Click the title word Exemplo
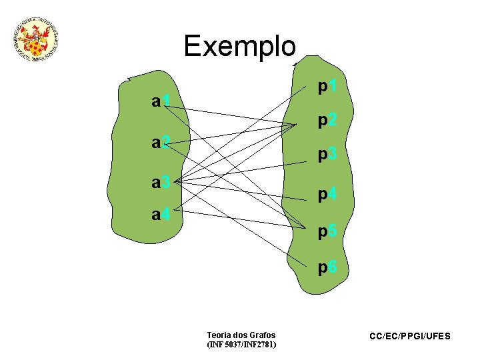pos(239,46)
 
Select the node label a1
pos(163,102)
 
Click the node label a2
pos(163,142)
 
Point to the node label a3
pos(163,182)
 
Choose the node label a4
pos(163,215)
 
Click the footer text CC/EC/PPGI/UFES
pos(410,337)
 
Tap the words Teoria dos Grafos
pos(241,335)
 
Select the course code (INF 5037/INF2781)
pos(241,345)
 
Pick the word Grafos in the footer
pos(261,335)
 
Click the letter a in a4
pos(156,216)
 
